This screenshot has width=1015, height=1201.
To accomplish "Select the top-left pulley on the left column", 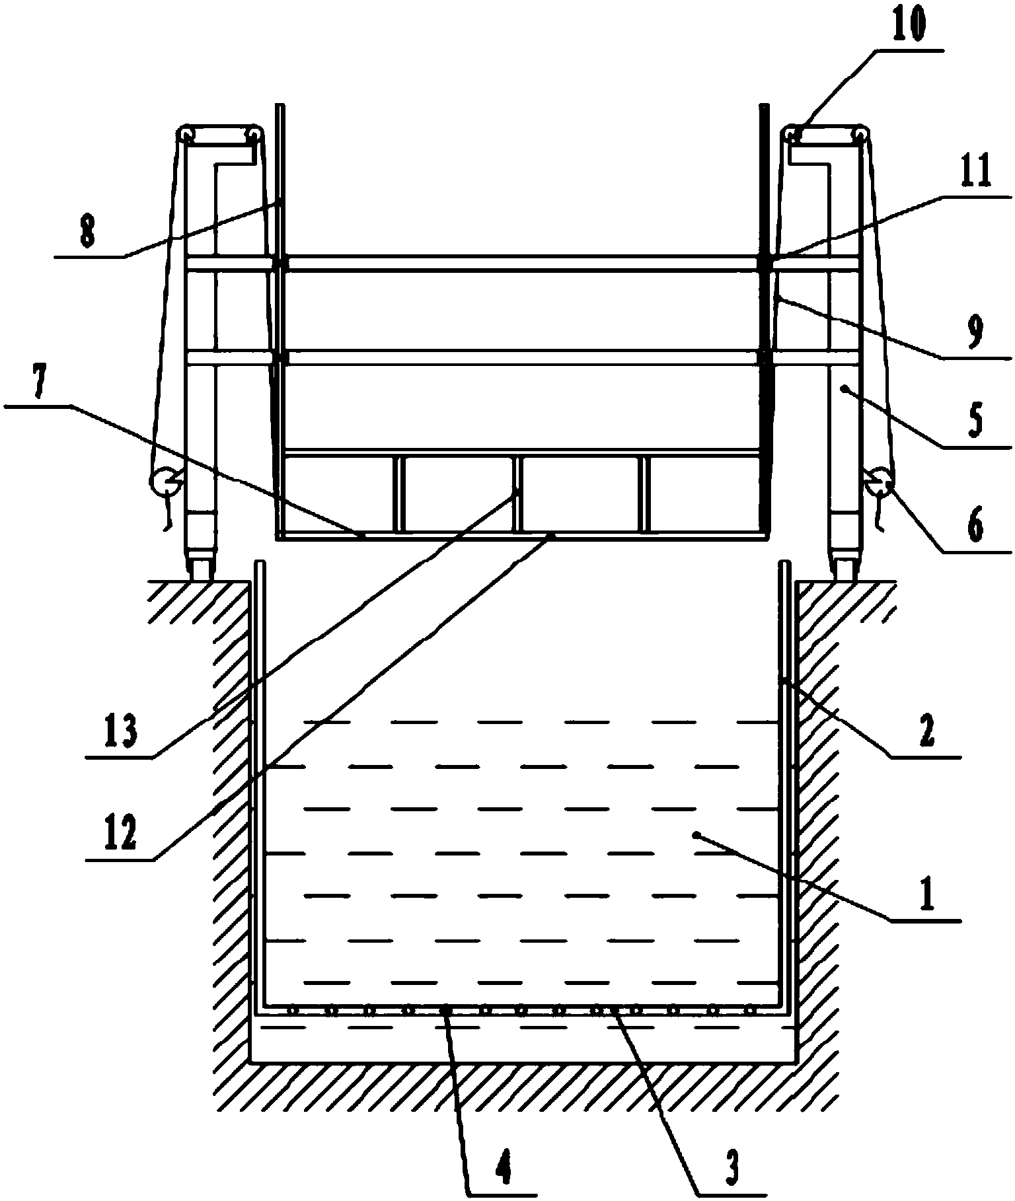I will click(186, 135).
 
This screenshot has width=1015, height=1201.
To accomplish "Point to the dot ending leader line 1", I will click(695, 836).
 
